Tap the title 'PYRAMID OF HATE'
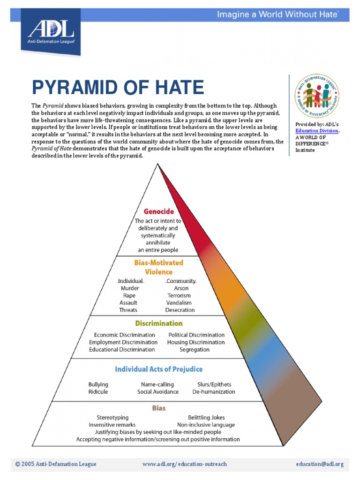(118, 88)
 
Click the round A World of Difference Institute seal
(317, 96)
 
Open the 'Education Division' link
(316, 131)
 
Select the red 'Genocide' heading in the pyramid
(158, 211)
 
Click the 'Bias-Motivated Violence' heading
(159, 267)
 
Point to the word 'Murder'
(130, 288)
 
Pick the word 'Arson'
(181, 288)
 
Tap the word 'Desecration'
(180, 310)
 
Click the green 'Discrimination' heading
(159, 323)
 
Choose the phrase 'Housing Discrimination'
(195, 342)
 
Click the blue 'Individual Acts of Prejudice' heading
(159, 369)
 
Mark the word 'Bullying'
(98, 384)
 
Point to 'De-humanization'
(214, 391)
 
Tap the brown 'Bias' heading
(159, 408)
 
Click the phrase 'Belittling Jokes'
(206, 417)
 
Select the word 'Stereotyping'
(112, 417)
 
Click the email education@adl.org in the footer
(320, 464)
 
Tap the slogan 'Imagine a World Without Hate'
(277, 15)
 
